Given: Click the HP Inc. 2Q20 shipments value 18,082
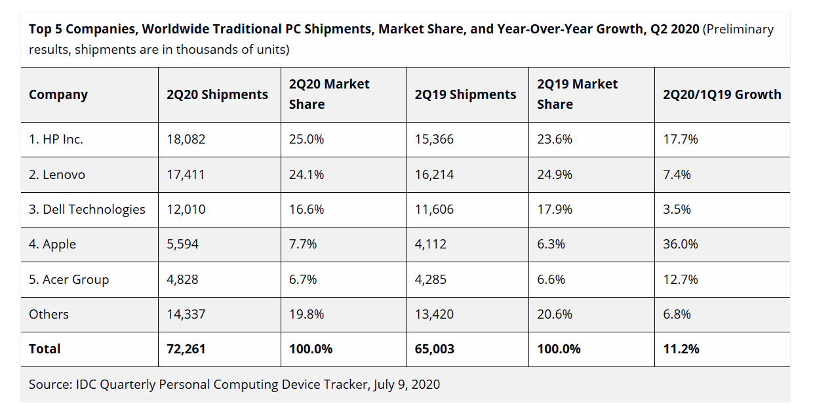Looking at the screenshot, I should coord(186,140).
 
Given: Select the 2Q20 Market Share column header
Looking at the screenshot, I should coord(329,94).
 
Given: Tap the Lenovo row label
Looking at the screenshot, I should coord(57,174).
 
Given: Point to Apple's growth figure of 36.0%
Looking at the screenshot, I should coord(680,245).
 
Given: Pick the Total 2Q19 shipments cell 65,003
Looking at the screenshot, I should coord(434,349).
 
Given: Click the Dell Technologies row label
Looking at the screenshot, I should coord(87,210).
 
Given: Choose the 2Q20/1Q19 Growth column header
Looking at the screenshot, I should coord(722,94).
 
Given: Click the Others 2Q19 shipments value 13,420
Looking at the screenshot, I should coord(434,314).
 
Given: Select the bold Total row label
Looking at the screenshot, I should coord(45,349).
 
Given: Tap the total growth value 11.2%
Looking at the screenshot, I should coord(681,349).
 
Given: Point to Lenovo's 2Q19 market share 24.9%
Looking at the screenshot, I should coord(555,174).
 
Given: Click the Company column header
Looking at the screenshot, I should coord(58,94).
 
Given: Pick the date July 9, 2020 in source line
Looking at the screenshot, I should coord(406,384).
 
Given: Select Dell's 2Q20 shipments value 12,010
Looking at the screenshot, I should coord(186,210).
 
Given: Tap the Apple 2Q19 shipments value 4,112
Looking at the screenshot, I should coord(431,245).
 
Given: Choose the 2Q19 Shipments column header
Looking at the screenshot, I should coord(466,94).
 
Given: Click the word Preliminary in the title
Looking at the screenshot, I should coord(740,30).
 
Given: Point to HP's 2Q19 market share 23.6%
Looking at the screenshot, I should coord(555,140).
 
